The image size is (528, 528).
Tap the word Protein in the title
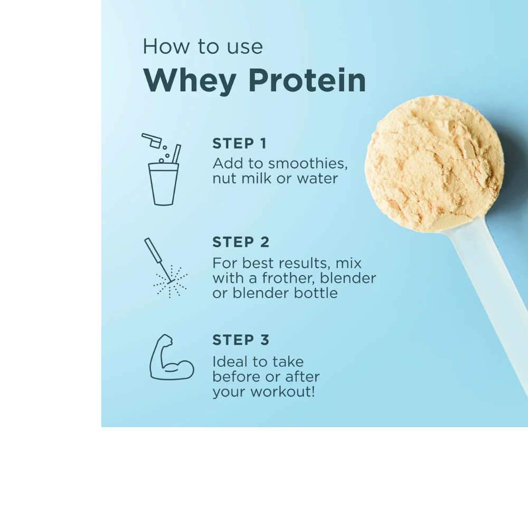(x=307, y=81)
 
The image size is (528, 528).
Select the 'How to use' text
(x=202, y=46)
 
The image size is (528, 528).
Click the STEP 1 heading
(x=239, y=144)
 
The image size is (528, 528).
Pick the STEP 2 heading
(x=241, y=242)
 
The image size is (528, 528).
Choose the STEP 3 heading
(x=241, y=341)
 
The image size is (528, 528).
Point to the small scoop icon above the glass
(x=152, y=140)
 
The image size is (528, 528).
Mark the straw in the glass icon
(x=176, y=154)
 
